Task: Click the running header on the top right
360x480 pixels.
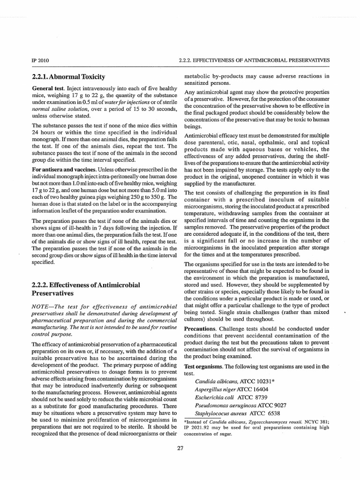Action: click(x=254, y=60)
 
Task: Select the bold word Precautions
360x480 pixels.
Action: click(x=200, y=328)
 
